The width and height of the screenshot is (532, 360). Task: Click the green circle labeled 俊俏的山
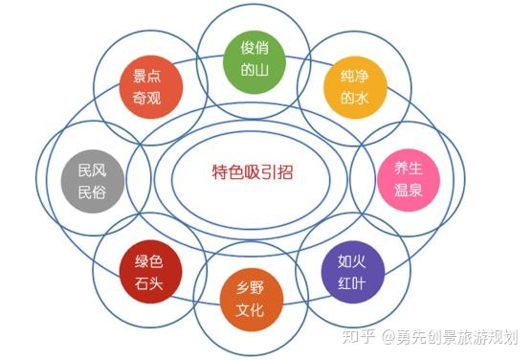(253, 59)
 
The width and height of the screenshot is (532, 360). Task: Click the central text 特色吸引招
(252, 172)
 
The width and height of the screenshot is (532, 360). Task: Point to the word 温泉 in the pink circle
(409, 189)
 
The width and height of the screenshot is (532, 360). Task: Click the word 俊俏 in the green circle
(253, 48)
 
